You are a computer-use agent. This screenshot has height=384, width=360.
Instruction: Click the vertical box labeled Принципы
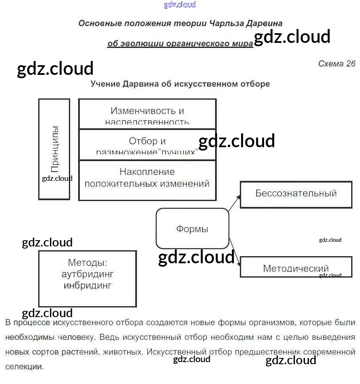(54, 149)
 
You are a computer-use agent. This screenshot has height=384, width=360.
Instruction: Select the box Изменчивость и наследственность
(147, 114)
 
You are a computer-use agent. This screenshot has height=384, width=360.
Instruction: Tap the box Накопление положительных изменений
(147, 180)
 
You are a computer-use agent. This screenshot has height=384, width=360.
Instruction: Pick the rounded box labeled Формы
(192, 229)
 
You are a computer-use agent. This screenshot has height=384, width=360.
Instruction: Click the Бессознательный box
(296, 194)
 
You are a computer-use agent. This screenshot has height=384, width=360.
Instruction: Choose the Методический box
(296, 268)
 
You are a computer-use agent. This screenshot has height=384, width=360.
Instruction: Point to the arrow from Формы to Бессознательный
(234, 203)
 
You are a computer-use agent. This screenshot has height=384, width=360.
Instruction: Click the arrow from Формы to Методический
(235, 254)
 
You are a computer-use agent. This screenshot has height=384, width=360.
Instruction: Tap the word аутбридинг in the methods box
(87, 274)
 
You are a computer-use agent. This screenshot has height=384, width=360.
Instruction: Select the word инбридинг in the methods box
(87, 286)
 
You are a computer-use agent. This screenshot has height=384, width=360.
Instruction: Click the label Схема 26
(337, 64)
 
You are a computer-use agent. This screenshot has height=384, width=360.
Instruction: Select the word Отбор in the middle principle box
(142, 141)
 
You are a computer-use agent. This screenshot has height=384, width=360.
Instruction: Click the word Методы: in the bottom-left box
(87, 263)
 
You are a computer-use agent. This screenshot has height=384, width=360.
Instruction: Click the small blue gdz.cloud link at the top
(180, 5)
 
